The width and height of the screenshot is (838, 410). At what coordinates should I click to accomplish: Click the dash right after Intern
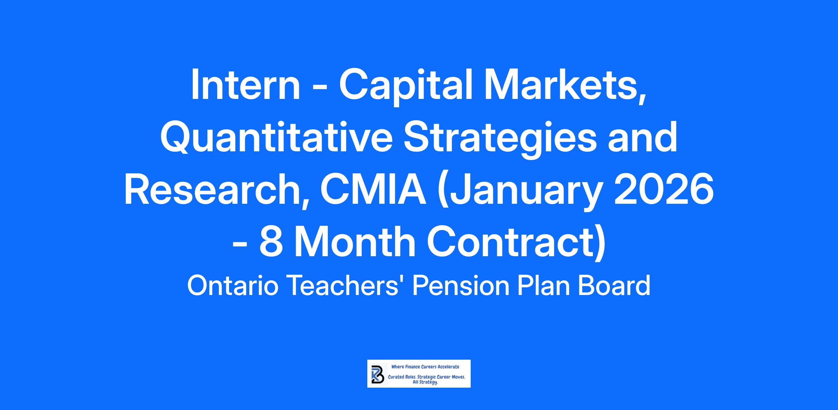(318, 90)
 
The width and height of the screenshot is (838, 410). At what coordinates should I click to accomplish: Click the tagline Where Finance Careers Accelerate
(425, 367)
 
